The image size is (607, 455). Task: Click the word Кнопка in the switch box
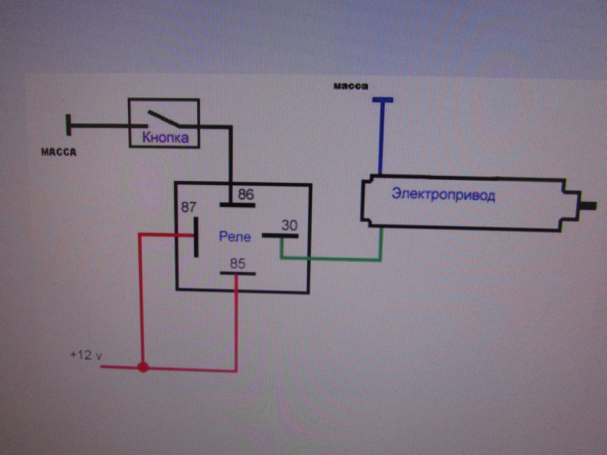(x=165, y=137)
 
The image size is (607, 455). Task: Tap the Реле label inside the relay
(x=235, y=236)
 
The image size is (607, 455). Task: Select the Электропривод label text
(x=443, y=194)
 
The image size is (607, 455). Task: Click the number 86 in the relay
(x=246, y=194)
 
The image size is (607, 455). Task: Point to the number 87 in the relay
(x=188, y=207)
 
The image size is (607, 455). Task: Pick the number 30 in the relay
(x=289, y=225)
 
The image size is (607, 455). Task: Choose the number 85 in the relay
(x=238, y=264)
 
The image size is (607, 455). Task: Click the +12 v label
(x=86, y=355)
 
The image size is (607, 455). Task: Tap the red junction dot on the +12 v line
(x=143, y=367)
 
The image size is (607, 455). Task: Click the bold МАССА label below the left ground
(x=59, y=152)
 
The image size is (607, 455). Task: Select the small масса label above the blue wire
(x=351, y=86)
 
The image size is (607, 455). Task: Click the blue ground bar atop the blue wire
(x=383, y=100)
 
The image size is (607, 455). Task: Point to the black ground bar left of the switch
(x=68, y=125)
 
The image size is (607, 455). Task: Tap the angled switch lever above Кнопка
(x=164, y=118)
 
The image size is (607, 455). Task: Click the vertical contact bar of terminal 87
(x=196, y=237)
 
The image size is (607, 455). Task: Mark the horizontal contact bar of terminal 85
(x=238, y=273)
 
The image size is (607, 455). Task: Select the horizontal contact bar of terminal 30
(x=280, y=235)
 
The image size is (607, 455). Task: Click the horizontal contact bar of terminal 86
(x=237, y=205)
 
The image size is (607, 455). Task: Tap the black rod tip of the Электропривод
(x=588, y=206)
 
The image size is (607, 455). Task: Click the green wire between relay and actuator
(x=331, y=258)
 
